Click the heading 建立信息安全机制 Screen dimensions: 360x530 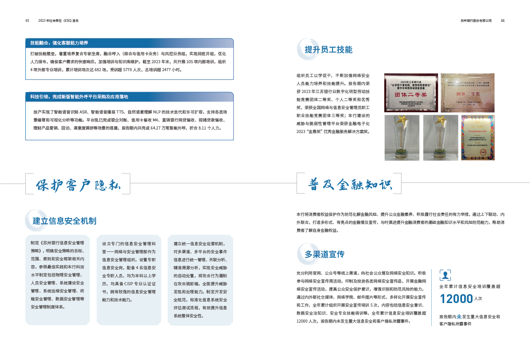tap(64, 221)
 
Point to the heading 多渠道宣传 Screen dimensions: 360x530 tap(324, 255)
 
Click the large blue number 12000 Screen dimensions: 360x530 tap(456, 299)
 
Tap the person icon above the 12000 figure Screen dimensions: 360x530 tap(445, 275)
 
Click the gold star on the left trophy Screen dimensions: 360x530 tap(401, 120)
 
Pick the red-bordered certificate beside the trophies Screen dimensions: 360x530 tap(478, 138)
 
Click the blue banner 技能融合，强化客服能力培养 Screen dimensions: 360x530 tap(129, 43)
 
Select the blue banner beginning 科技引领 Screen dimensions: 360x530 tap(129, 96)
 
